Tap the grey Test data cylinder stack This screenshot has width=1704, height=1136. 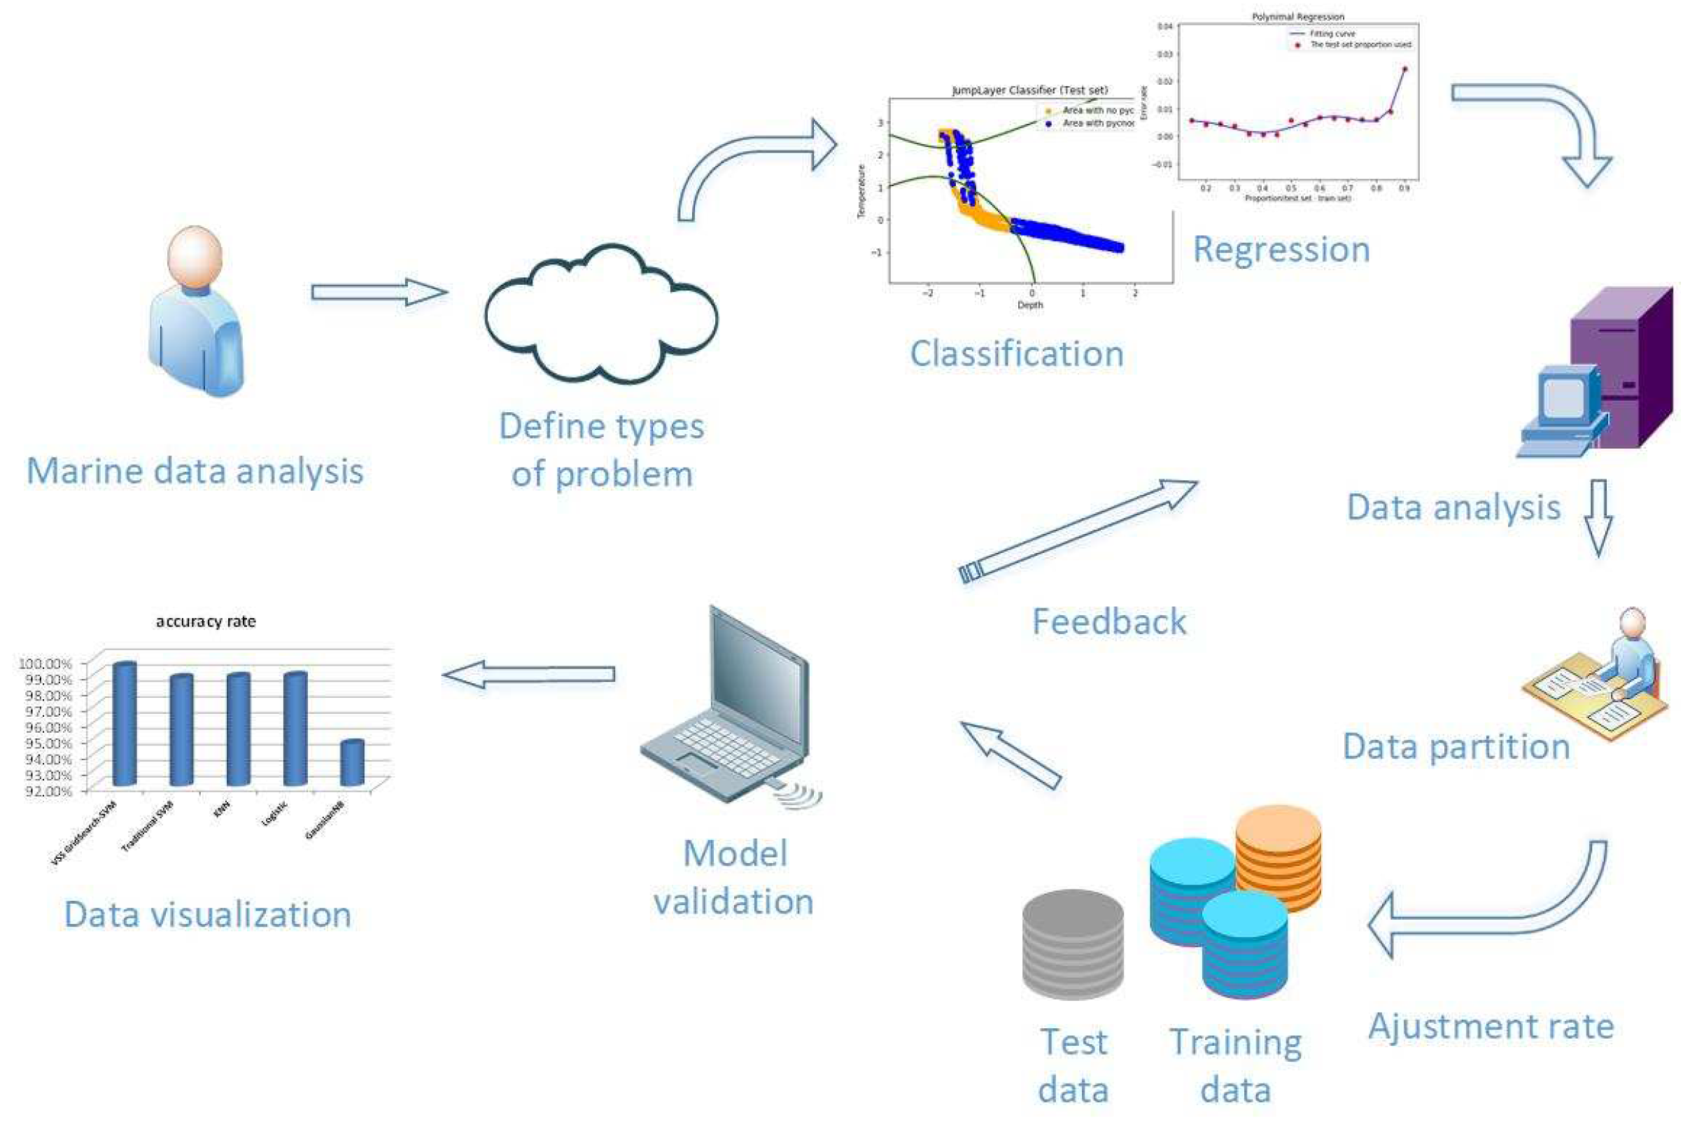click(1072, 945)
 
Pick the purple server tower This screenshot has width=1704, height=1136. click(1622, 370)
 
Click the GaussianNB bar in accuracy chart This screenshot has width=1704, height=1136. click(352, 762)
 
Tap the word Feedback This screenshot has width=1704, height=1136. click(1108, 622)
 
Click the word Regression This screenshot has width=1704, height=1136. click(1281, 249)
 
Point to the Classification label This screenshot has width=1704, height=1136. click(1016, 353)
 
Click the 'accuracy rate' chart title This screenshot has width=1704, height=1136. click(206, 621)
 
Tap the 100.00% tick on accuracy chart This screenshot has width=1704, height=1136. click(45, 664)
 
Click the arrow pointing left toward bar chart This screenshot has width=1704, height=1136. click(528, 675)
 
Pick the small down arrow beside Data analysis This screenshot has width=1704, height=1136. click(1598, 516)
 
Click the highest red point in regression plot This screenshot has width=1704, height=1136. click(1404, 69)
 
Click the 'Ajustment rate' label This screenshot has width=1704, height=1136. click(1491, 1026)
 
